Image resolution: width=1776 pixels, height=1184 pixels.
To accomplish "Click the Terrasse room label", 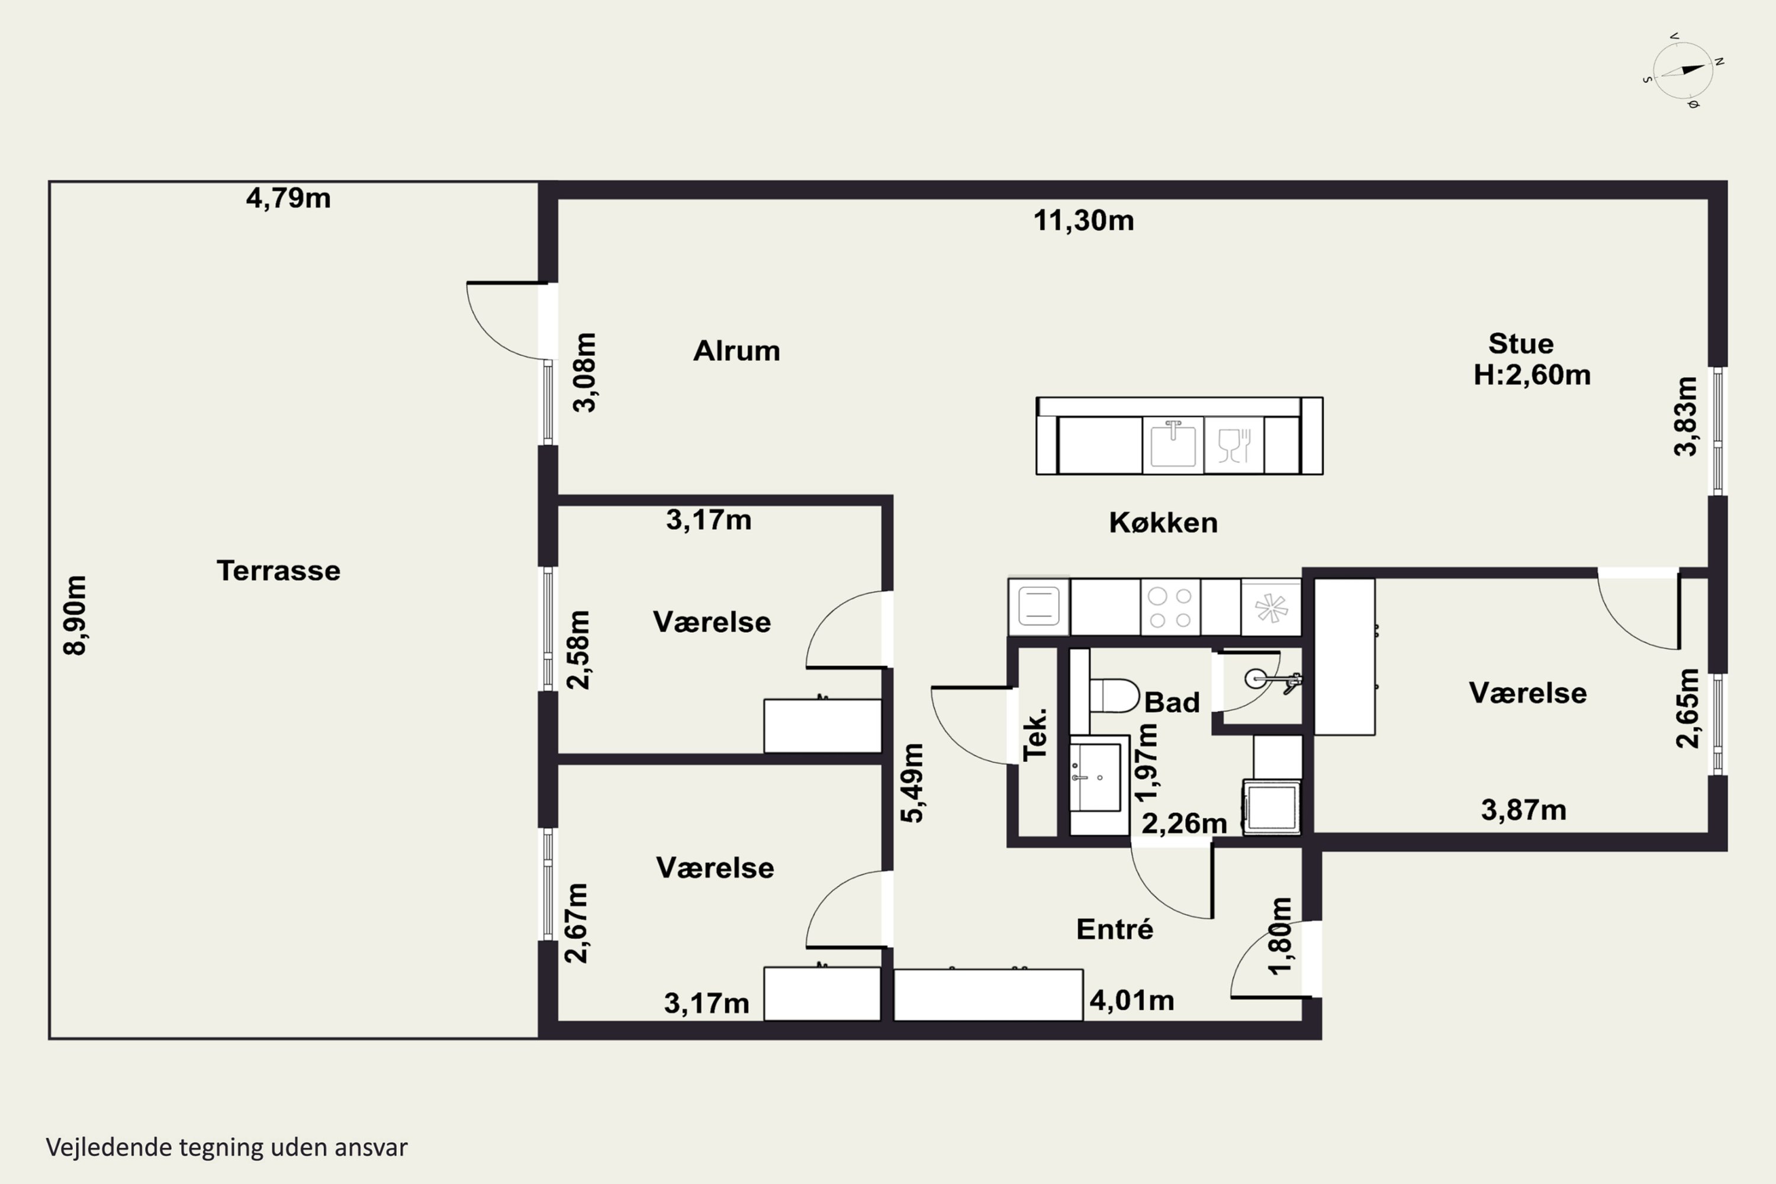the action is (279, 571).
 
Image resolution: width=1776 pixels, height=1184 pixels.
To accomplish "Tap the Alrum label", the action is (737, 351).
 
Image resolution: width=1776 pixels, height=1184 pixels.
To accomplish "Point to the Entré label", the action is (1115, 929).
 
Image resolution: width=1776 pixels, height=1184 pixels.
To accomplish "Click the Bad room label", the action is (1172, 702).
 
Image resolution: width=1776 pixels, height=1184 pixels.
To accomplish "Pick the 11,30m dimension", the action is (1083, 220).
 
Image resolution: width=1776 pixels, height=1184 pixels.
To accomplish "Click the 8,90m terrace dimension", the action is (76, 616).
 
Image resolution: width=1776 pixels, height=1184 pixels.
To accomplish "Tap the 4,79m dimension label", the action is (288, 198).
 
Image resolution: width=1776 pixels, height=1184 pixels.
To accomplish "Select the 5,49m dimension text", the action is (913, 783).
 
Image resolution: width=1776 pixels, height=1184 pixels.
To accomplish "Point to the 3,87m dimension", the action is (1524, 810).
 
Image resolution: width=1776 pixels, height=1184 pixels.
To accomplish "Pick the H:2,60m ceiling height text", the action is (1532, 375).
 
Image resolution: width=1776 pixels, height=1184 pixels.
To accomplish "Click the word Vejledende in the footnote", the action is (109, 1147).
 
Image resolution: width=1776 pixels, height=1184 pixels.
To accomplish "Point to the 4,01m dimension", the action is (1132, 1000).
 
